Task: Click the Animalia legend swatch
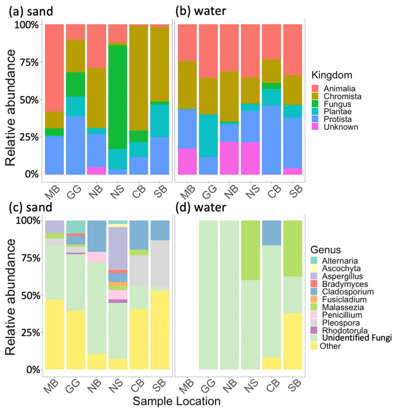click(x=315, y=88)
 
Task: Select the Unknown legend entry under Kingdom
click(x=334, y=127)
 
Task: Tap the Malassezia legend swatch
click(x=314, y=307)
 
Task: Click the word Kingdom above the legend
click(x=332, y=75)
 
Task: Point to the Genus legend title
click(x=326, y=250)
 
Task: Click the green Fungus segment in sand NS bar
click(x=117, y=97)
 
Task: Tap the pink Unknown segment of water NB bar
click(x=229, y=158)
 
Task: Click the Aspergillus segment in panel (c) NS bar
click(x=118, y=248)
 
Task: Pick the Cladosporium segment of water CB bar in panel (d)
click(x=272, y=233)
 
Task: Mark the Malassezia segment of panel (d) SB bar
click(x=292, y=248)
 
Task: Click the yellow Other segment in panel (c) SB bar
click(x=160, y=330)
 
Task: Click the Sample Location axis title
click(x=176, y=401)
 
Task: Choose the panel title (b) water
click(x=201, y=11)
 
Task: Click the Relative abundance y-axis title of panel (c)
click(x=10, y=297)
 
